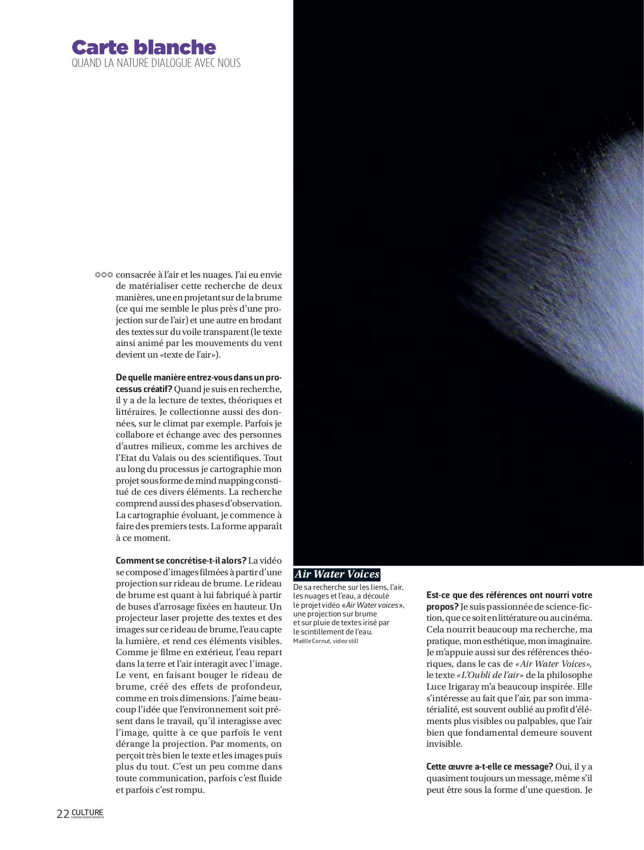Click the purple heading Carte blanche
pos(143,47)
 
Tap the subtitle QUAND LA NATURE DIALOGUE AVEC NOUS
pos(156,63)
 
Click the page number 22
pos(63,814)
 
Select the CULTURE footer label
pos(88,813)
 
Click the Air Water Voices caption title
pos(337,574)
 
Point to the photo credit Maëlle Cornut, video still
pos(326,641)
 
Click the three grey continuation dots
pos(104,275)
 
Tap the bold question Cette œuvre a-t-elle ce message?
pos(489,767)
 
